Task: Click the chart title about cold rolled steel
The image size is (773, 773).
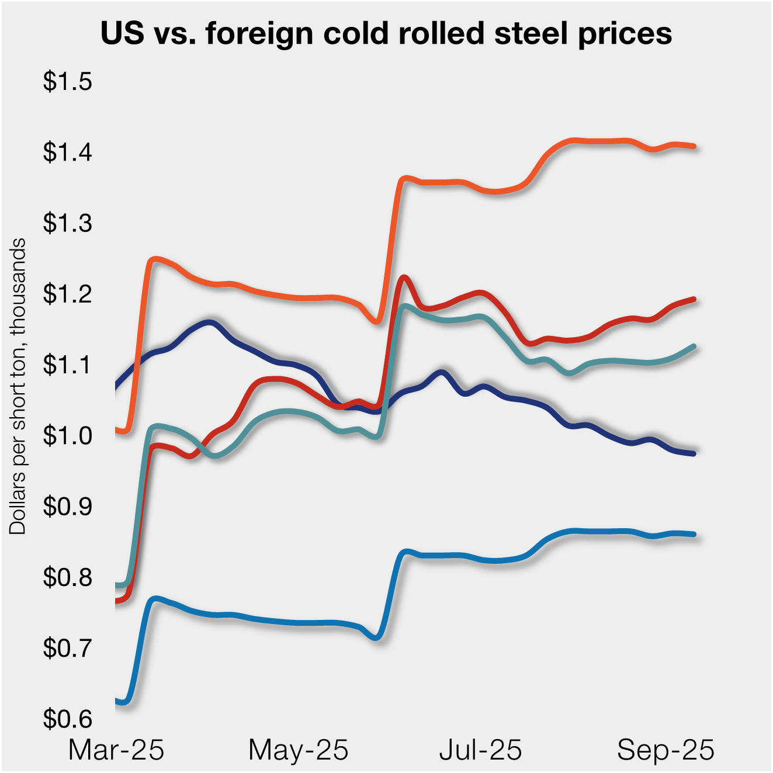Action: [x=386, y=33]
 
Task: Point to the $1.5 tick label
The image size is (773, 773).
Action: [x=67, y=82]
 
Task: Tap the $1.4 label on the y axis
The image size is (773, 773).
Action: [x=67, y=152]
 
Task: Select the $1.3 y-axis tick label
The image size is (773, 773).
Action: [x=67, y=223]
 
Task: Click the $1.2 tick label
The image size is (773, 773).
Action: [x=67, y=294]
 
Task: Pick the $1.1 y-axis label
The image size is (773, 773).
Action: [x=67, y=365]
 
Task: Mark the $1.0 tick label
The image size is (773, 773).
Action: [x=67, y=436]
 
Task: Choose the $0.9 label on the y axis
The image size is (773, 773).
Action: [x=67, y=507]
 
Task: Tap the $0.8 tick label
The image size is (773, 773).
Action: [x=67, y=577]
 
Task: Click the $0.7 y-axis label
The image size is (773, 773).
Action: [x=67, y=648]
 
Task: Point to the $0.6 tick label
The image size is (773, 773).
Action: [x=67, y=719]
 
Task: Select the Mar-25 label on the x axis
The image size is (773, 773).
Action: [x=116, y=750]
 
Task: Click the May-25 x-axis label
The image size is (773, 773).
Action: [x=299, y=750]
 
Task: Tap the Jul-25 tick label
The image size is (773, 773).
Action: [x=481, y=750]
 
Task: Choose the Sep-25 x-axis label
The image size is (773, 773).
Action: [x=665, y=750]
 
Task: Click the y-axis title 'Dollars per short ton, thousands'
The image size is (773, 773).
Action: [x=18, y=386]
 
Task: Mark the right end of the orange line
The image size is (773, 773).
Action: [x=694, y=146]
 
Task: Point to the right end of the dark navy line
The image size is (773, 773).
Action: [x=694, y=453]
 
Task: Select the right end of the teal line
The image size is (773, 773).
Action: [x=694, y=346]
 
